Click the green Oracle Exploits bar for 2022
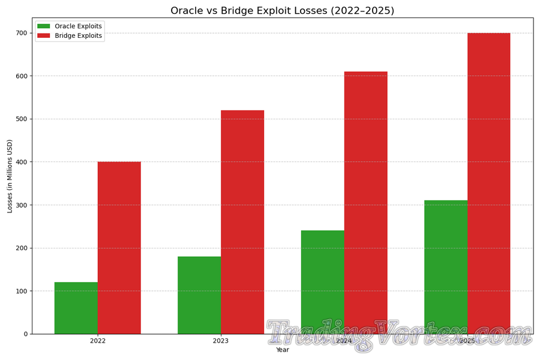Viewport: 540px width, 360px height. click(x=76, y=308)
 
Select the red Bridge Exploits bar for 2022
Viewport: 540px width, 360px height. click(x=119, y=248)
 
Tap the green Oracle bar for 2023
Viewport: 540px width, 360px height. click(x=199, y=295)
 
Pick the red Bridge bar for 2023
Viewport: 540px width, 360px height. click(x=242, y=222)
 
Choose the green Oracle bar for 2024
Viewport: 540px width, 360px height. click(x=323, y=282)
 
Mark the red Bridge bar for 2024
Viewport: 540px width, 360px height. click(x=366, y=203)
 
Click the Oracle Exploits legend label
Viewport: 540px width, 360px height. click(x=78, y=26)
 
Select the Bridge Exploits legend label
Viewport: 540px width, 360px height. click(x=78, y=36)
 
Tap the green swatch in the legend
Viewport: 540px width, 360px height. click(x=44, y=26)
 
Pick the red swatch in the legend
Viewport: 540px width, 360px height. click(x=44, y=36)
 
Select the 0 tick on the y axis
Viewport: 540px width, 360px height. click(x=25, y=334)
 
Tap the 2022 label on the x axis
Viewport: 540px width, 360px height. click(x=98, y=341)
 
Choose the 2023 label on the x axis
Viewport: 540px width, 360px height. click(x=221, y=341)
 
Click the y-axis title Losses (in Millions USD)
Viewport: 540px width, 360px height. click(x=10, y=176)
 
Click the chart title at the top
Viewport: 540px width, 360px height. click(x=282, y=10)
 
